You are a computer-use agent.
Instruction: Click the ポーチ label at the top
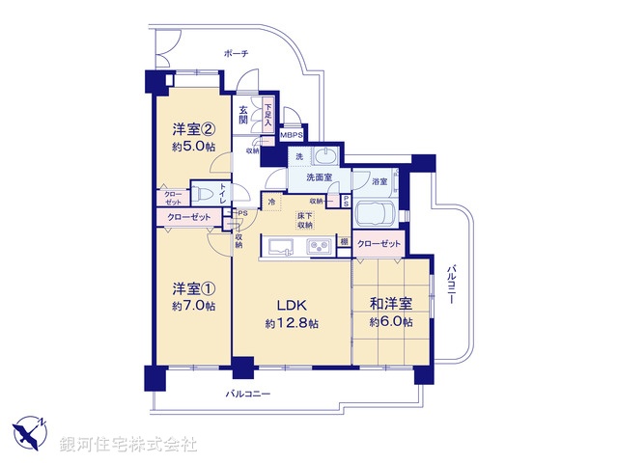point(235,55)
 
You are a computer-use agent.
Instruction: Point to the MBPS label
point(293,136)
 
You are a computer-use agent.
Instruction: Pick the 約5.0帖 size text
point(193,147)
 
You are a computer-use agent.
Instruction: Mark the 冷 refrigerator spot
point(271,202)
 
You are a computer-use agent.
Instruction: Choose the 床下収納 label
point(304,219)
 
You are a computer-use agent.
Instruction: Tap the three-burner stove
point(320,248)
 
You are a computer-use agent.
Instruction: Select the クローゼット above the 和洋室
point(379,245)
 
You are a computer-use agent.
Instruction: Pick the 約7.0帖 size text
point(193,306)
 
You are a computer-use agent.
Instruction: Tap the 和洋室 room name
point(391,305)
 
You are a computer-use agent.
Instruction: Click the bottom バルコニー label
point(248,395)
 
